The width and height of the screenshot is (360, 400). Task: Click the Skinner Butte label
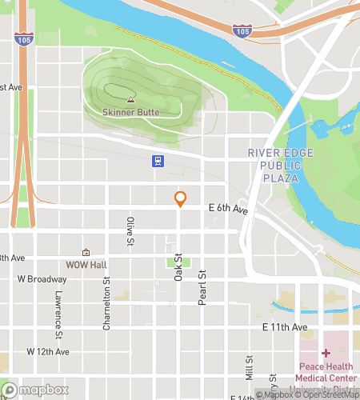pos(130,112)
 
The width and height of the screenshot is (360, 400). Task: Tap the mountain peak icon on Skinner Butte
pos(130,100)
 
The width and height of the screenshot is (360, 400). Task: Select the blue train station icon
pos(158,161)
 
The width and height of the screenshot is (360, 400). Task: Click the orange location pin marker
pos(180,199)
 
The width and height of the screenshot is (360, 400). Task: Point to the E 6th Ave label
pos(229,208)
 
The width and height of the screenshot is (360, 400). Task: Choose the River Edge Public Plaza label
pos(274,166)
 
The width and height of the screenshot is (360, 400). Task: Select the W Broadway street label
pos(42,279)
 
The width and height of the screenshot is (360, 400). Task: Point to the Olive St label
pos(129,230)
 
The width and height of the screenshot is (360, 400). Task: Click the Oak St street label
pos(178,268)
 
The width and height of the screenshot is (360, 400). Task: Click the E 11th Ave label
pos(284,328)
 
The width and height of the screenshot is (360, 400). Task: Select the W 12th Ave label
pos(48,351)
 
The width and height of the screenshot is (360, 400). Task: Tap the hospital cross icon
pos(326,352)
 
